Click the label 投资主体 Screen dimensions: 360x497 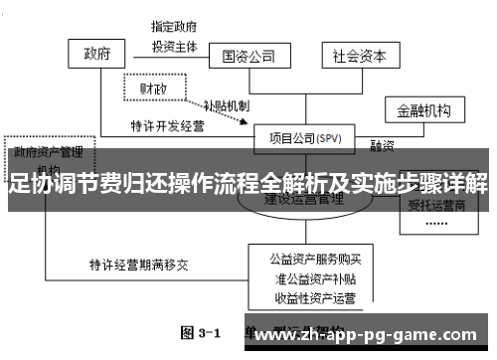[x=175, y=46]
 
